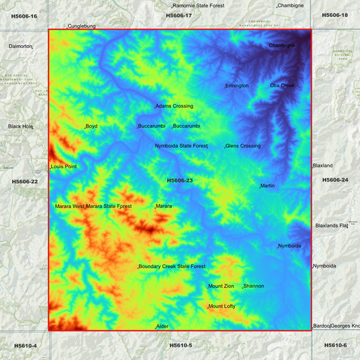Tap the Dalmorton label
coord(20,47)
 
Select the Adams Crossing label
coord(174,106)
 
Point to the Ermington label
coord(237,86)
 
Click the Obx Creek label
coord(282,86)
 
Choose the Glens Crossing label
coord(243,146)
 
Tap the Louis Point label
coord(63,167)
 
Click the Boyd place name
coord(92,126)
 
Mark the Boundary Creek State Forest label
coord(172,267)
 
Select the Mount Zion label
coord(222,286)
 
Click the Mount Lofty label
coord(222,307)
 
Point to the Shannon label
coord(254,286)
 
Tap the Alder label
coord(163,326)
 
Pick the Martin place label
coord(267,186)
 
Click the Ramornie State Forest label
coord(199,5)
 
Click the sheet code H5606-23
coord(180,180)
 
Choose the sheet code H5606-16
coord(24,16)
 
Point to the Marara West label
coord(70,206)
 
